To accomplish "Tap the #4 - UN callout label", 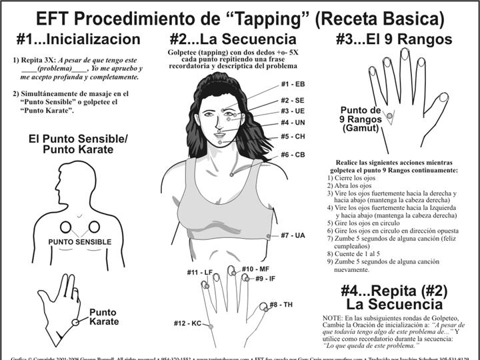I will coord(293,123).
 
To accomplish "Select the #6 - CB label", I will coord(293,155).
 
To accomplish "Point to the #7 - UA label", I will coord(293,235).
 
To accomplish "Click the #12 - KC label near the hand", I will coord(187,323).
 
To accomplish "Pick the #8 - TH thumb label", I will coord(281,305).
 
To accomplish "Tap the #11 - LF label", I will coord(199,273).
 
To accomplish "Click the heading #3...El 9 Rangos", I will coord(394,39).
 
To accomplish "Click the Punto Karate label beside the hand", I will coord(104,317).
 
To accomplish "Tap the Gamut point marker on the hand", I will coord(390,116).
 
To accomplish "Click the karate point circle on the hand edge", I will coord(75,322).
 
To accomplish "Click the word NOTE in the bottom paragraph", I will coord(333,317).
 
